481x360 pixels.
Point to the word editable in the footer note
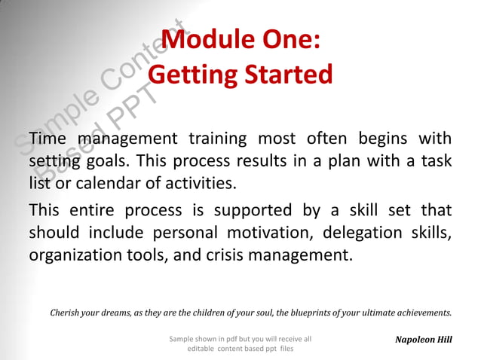pyautogui.click(x=202, y=349)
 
